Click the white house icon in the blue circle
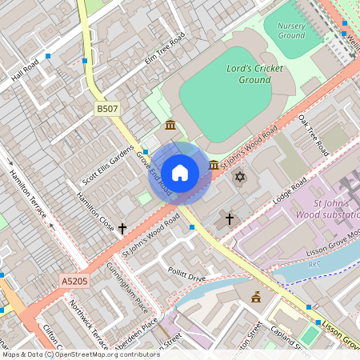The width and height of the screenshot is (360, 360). pyautogui.click(x=180, y=173)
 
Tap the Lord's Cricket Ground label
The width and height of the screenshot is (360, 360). pyautogui.click(x=254, y=74)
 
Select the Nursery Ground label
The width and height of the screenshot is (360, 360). pyautogui.click(x=291, y=30)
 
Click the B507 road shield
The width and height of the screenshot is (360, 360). pyautogui.click(x=106, y=108)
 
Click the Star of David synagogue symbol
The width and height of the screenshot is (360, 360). pyautogui.click(x=238, y=176)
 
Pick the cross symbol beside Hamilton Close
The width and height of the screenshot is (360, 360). pyautogui.click(x=122, y=229)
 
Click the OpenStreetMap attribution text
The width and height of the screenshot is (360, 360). pyautogui.click(x=81, y=354)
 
